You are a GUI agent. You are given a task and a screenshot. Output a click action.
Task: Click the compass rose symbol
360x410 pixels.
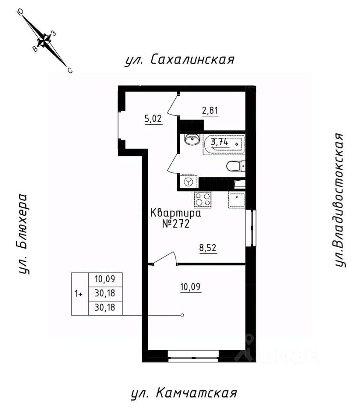44,41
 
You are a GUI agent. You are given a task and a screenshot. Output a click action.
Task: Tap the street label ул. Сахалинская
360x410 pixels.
179,60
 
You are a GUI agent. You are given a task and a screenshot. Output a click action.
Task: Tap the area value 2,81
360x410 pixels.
210,111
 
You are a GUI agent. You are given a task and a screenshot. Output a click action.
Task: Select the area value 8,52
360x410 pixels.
209,248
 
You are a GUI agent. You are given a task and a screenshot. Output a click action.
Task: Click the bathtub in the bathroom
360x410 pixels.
223,143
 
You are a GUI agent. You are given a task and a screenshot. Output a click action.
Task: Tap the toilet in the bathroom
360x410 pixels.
235,167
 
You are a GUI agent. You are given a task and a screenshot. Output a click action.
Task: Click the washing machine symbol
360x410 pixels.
188,182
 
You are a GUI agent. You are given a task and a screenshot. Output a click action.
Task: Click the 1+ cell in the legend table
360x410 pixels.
79,294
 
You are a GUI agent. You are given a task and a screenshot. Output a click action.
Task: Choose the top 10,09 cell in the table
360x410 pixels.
105,280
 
